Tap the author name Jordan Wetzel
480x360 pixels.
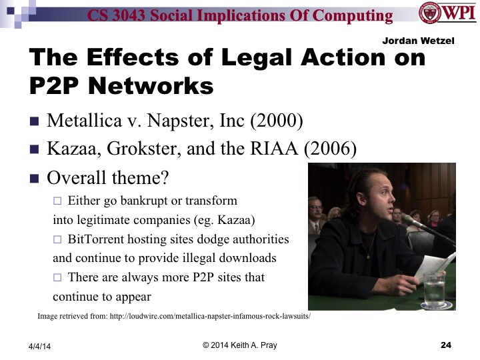coord(417,41)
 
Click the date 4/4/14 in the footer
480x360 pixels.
coord(39,346)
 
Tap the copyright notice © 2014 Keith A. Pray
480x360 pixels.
coord(240,345)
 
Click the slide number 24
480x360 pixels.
coord(446,345)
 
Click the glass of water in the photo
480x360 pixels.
coord(433,288)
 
